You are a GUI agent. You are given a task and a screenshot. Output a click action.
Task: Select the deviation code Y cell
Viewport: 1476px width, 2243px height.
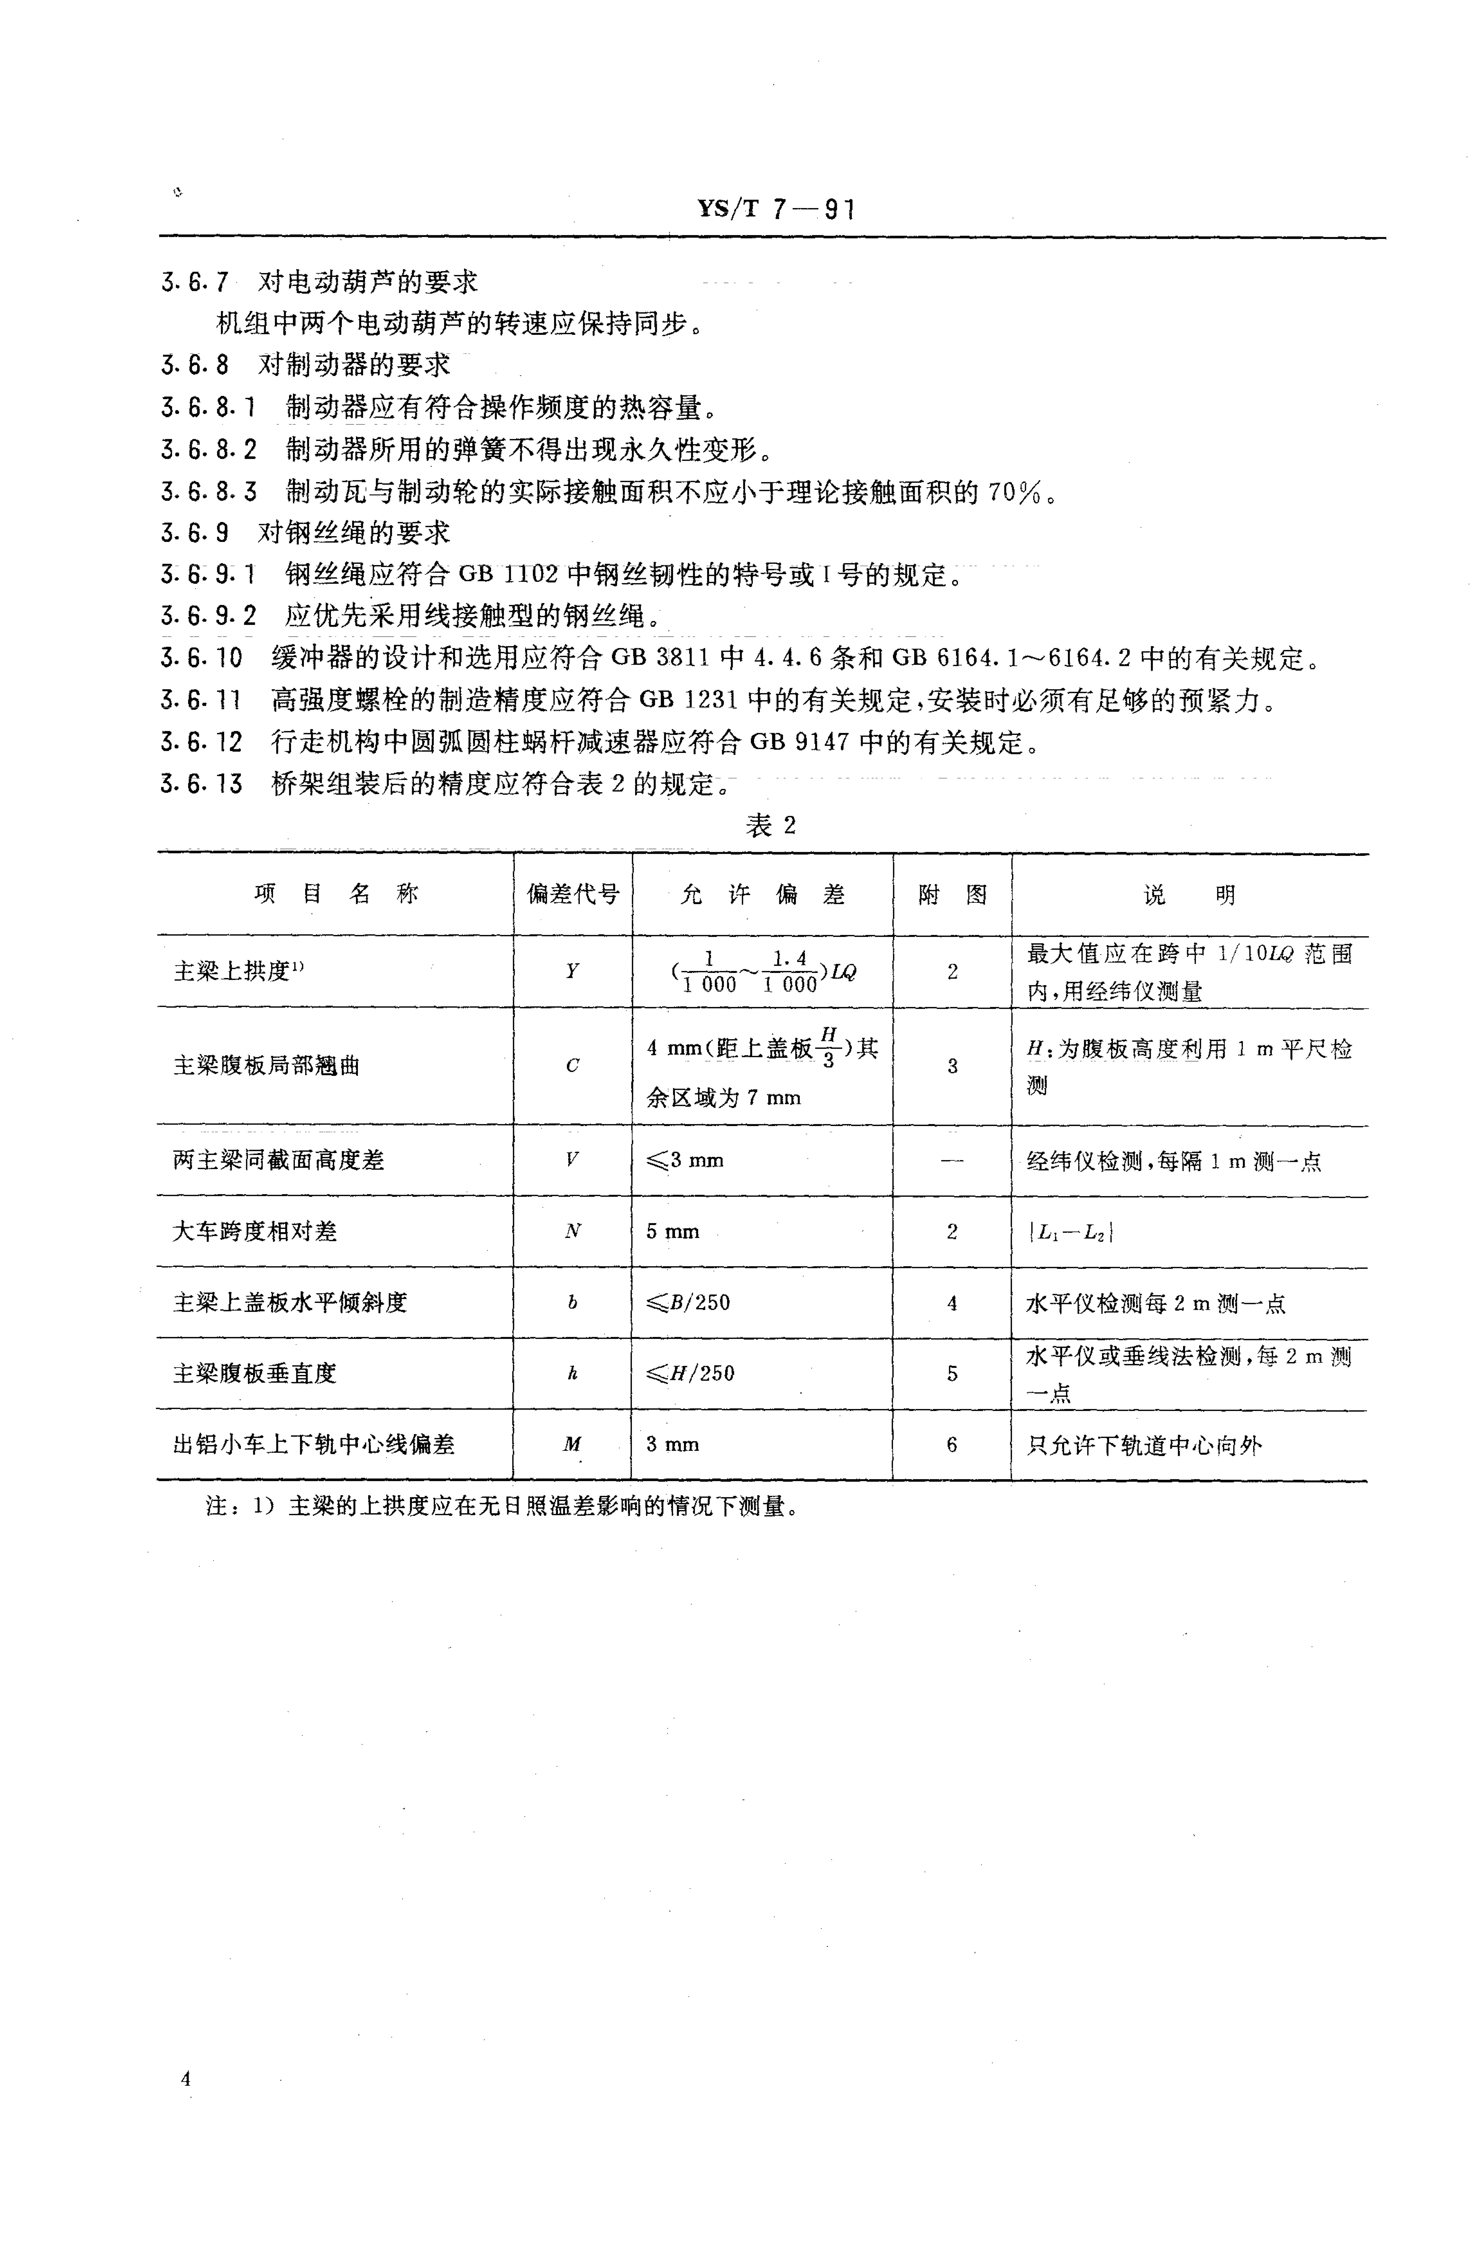(572, 971)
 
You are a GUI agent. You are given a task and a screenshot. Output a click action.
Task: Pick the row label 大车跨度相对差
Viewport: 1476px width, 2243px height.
(254, 1231)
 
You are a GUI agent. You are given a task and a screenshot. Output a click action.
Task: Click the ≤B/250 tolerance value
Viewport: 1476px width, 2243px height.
(688, 1303)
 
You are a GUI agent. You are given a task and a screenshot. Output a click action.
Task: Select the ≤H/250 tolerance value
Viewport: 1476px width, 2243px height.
(690, 1373)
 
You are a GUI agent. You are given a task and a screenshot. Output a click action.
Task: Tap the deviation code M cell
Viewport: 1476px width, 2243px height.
(572, 1444)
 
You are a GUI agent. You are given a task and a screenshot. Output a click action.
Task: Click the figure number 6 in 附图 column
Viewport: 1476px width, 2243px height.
(952, 1444)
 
